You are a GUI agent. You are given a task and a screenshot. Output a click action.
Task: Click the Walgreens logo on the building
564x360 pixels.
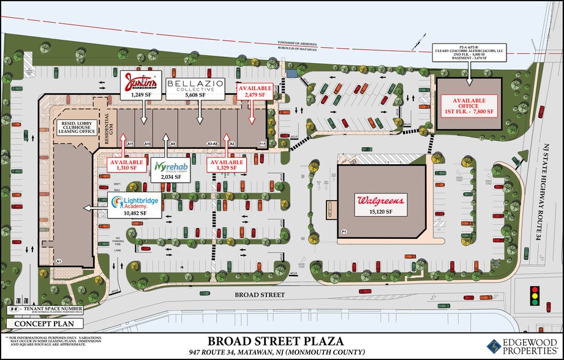tap(381, 200)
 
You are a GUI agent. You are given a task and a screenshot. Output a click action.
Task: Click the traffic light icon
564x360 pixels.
tap(535, 294)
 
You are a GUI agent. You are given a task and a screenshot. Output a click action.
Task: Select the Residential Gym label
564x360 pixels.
tap(109, 128)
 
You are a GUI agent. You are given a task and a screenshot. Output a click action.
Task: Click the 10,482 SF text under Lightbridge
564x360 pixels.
tap(134, 213)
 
